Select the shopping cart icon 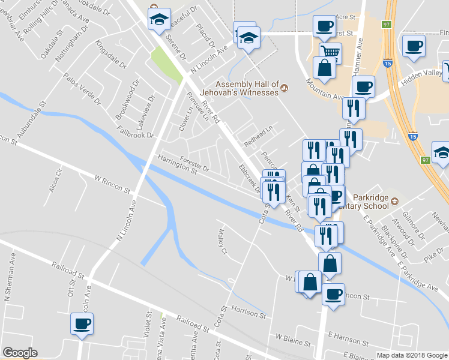tap(330, 51)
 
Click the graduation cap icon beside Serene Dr tap(159, 19)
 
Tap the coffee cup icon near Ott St tap(82, 324)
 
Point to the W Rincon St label tap(112, 184)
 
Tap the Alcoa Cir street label tap(58, 182)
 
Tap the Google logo tap(20, 353)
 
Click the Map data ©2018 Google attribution tap(411, 355)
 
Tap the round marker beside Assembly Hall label tap(285, 89)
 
